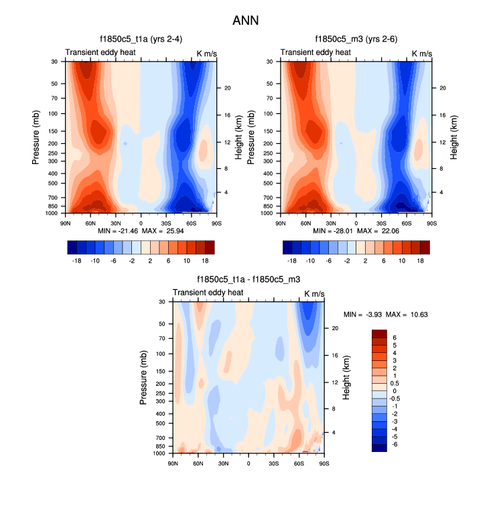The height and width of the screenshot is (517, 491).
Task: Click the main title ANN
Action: (245, 21)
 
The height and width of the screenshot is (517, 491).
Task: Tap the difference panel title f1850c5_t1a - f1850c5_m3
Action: (248, 280)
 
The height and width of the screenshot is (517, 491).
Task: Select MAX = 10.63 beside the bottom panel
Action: (403, 314)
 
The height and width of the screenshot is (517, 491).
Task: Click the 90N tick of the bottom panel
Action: (173, 463)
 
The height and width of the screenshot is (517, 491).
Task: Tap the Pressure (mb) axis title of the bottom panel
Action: (143, 377)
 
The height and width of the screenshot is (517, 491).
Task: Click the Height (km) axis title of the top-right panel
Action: (453, 137)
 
